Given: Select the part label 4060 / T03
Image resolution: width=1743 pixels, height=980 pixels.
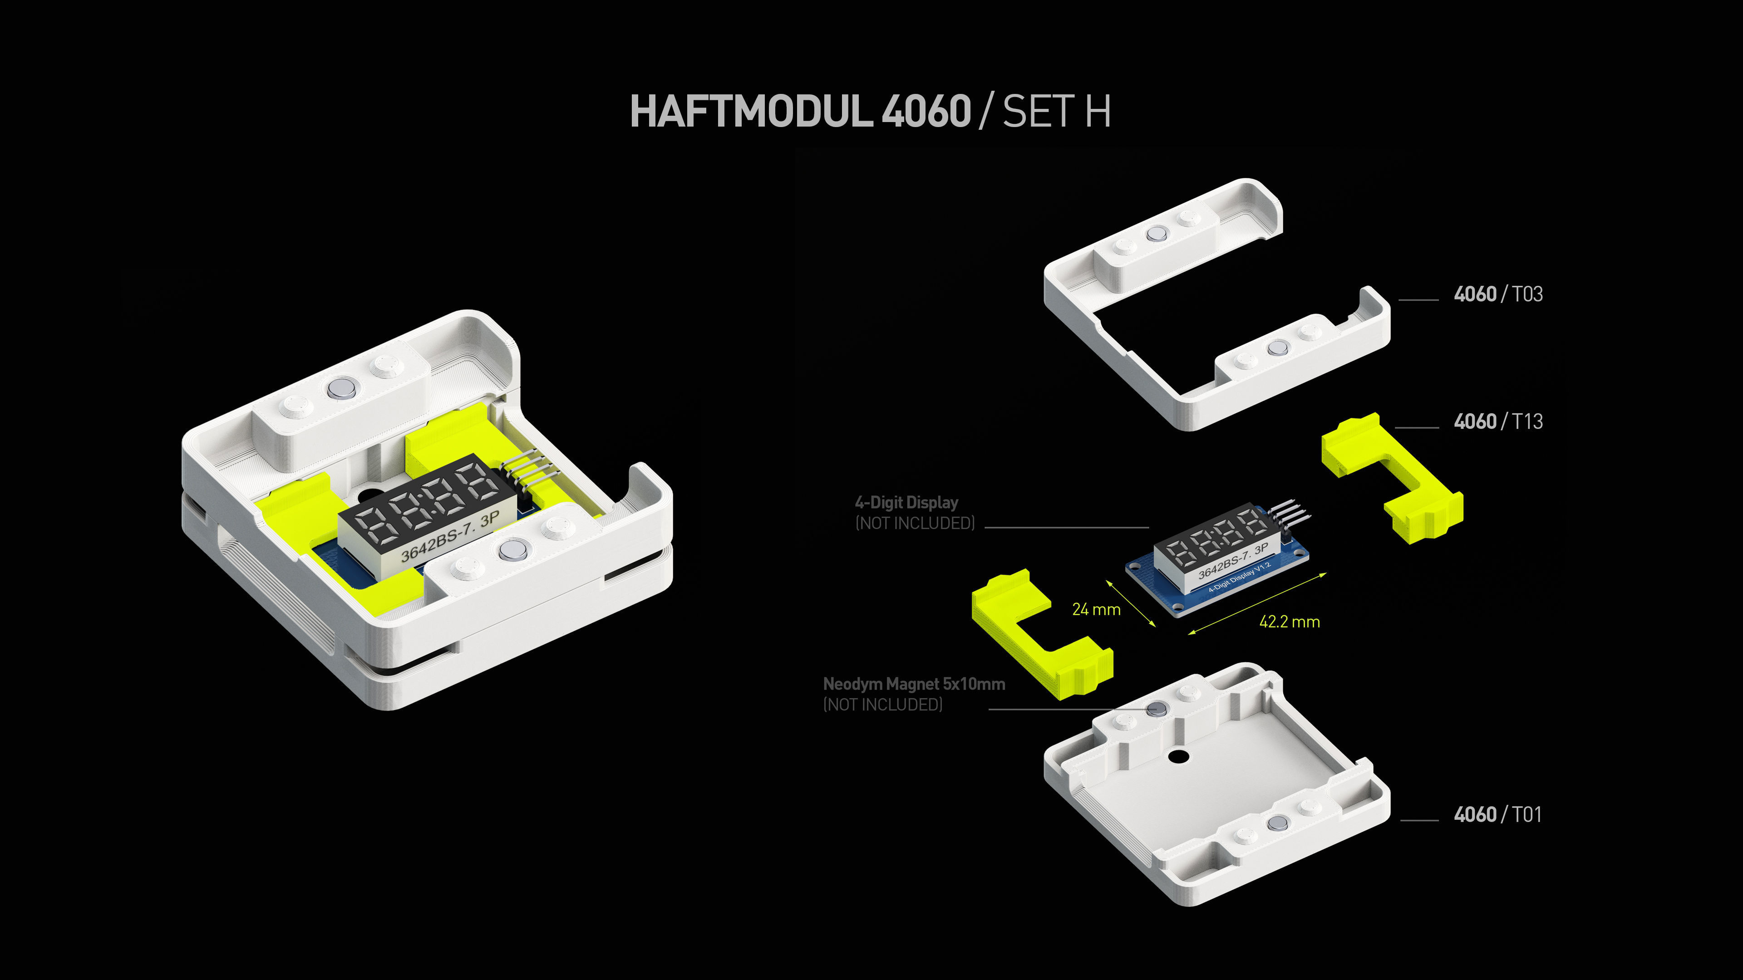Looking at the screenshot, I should pyautogui.click(x=1498, y=294).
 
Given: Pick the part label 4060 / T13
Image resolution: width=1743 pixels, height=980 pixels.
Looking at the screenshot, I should pyautogui.click(x=1498, y=421).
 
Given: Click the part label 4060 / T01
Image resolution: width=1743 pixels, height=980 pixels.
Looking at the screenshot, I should pyautogui.click(x=1497, y=814).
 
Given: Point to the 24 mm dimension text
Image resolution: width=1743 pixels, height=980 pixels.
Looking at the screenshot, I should pyautogui.click(x=1096, y=609).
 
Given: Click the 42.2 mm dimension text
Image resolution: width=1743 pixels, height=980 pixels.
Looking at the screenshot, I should pyautogui.click(x=1289, y=622).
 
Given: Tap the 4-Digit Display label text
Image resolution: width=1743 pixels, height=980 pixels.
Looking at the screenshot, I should pyautogui.click(x=906, y=503).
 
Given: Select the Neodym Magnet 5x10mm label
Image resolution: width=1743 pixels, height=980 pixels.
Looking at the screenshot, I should pyautogui.click(x=913, y=684).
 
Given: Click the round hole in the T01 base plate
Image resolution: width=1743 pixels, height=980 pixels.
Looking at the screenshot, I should pyautogui.click(x=1177, y=756).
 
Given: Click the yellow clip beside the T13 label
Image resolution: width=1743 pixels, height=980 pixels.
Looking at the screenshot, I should pyautogui.click(x=1390, y=477).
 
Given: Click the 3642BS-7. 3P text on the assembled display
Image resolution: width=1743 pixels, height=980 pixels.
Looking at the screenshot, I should pyautogui.click(x=450, y=537).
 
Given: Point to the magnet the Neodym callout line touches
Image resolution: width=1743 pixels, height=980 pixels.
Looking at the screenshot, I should pyautogui.click(x=1157, y=708).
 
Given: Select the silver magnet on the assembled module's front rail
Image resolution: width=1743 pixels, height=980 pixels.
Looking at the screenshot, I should pyautogui.click(x=512, y=550).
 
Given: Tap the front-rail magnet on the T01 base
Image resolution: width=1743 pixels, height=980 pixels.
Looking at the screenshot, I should pyautogui.click(x=1277, y=823).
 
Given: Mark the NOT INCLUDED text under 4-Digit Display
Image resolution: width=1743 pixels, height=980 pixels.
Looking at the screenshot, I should pyautogui.click(x=914, y=523).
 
